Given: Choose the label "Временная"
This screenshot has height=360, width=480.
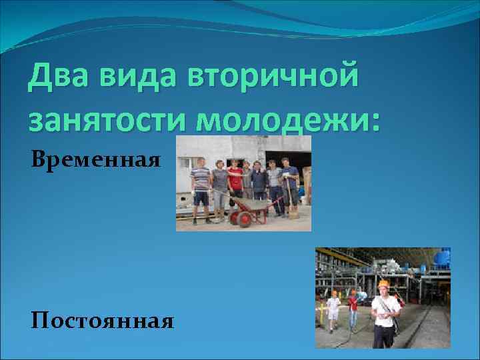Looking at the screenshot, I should [x=95, y=159].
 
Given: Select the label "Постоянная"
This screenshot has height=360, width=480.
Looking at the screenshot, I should [x=102, y=322].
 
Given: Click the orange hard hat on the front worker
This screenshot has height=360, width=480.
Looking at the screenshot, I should [x=383, y=283].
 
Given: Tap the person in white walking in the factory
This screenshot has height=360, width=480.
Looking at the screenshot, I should [x=333, y=309].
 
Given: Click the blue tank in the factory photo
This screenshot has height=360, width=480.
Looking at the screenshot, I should [x=441, y=257].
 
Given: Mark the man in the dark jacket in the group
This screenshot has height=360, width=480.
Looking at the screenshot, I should [x=259, y=181].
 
